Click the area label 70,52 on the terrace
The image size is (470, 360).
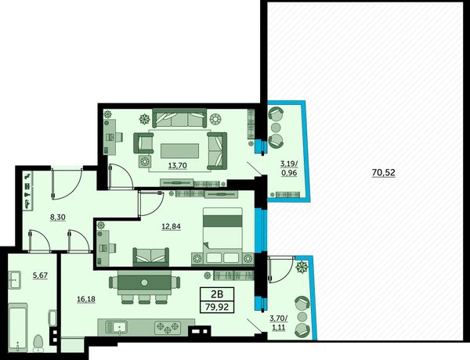click(x=383, y=172)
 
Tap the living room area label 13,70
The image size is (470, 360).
click(x=178, y=165)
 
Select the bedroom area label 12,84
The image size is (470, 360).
click(x=171, y=226)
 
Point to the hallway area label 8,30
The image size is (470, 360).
click(x=57, y=217)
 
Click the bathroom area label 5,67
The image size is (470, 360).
click(x=40, y=275)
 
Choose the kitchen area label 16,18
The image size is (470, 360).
click(x=86, y=299)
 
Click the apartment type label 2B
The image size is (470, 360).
click(x=217, y=294)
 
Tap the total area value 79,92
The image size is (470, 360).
click(x=217, y=307)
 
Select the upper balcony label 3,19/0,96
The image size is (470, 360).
click(x=289, y=168)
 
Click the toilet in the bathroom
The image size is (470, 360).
click(x=38, y=344)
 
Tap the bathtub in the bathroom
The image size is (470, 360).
click(x=18, y=327)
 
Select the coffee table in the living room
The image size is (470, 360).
click(x=180, y=150)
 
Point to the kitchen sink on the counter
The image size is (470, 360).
click(x=119, y=327)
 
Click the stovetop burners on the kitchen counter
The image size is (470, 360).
click(x=168, y=328)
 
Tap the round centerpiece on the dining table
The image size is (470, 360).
click(x=145, y=283)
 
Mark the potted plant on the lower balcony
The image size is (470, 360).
click(x=302, y=267)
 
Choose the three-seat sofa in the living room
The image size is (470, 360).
click(x=179, y=118)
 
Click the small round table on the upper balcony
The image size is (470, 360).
click(x=276, y=128)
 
